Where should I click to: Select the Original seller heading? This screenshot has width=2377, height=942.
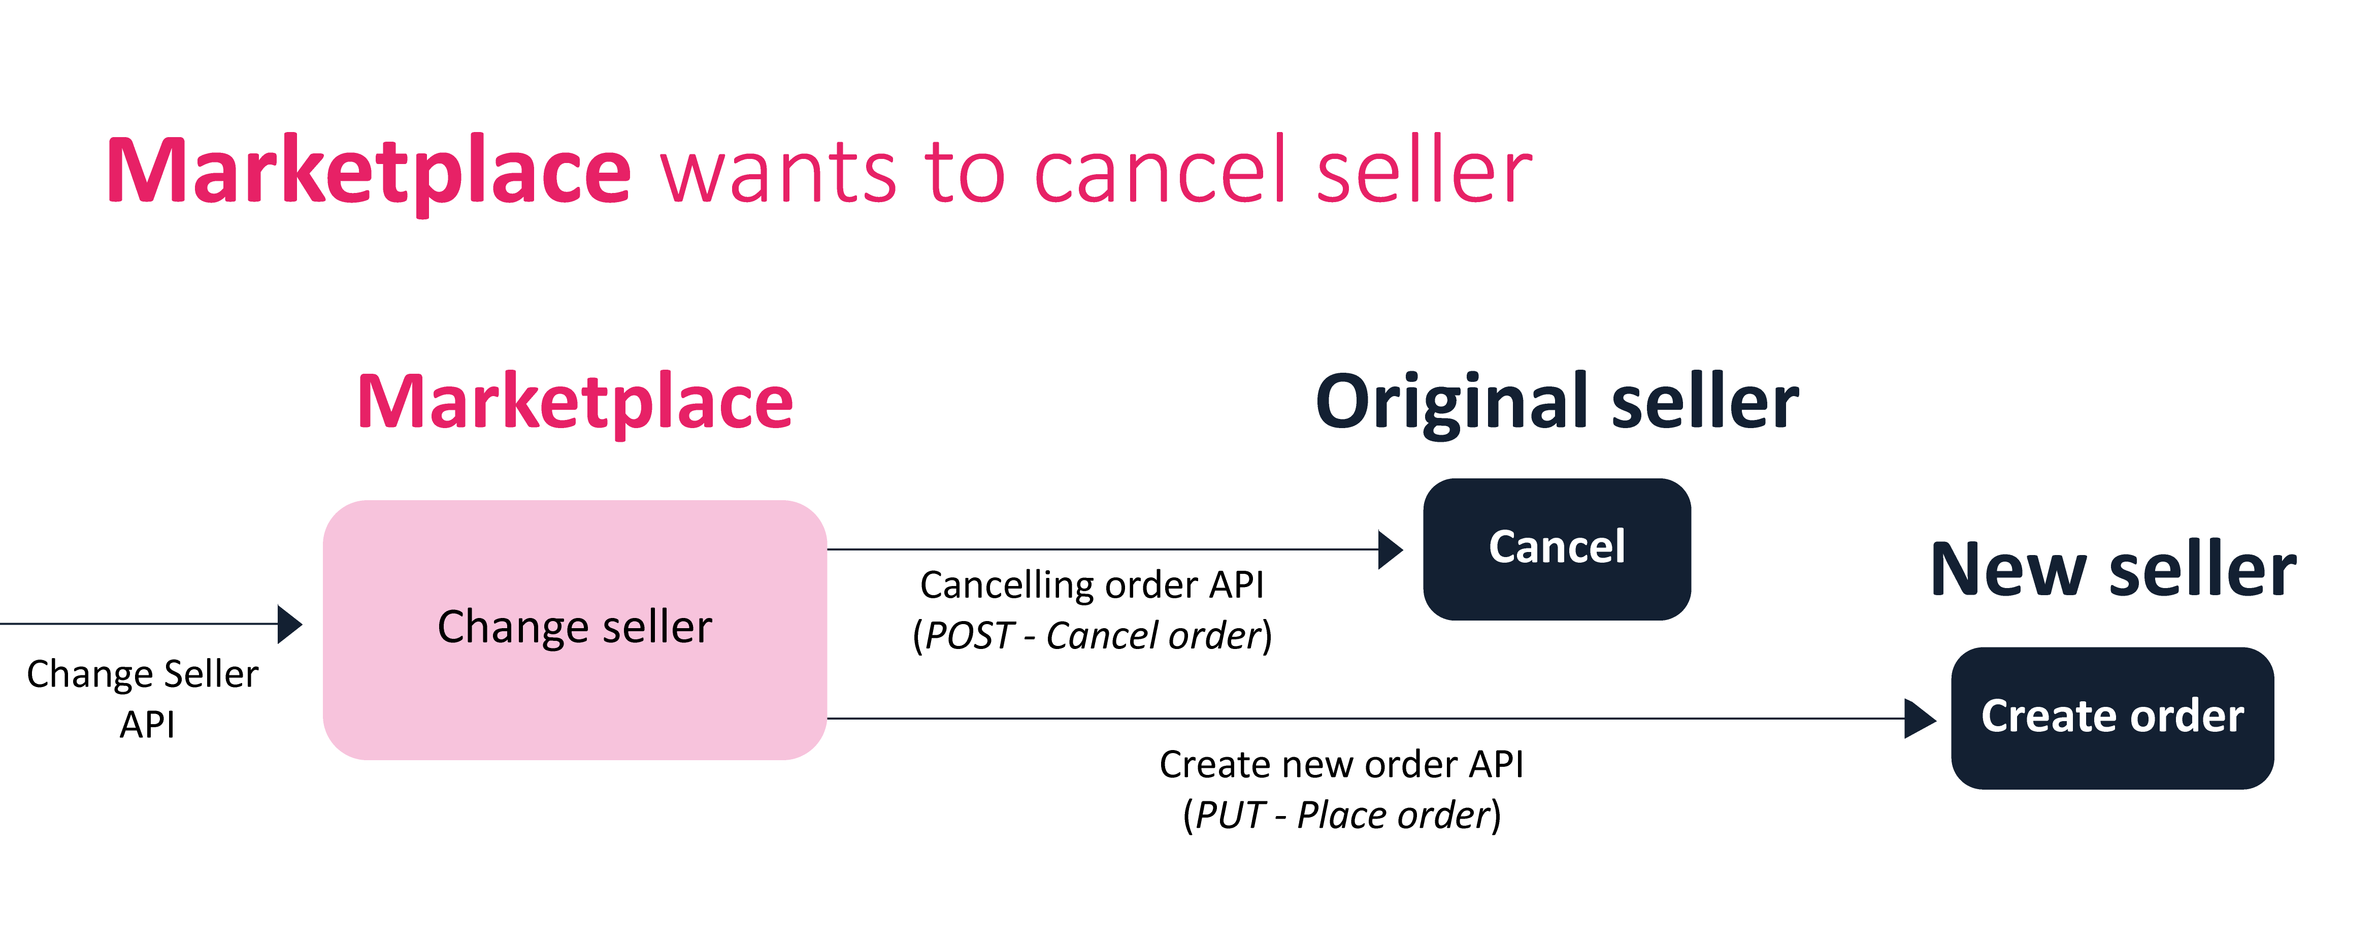click(1557, 403)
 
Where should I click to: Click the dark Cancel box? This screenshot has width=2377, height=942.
click(1557, 549)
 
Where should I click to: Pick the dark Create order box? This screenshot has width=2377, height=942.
click(2112, 718)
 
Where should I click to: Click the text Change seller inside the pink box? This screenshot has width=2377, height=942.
click(575, 627)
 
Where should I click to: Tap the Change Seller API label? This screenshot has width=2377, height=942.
click(143, 698)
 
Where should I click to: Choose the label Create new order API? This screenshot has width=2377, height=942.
click(1342, 765)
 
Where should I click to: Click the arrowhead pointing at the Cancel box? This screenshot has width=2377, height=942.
click(1391, 550)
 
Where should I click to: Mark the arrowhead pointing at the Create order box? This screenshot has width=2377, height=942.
click(1920, 719)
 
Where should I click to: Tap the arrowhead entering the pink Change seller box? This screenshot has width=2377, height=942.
click(290, 625)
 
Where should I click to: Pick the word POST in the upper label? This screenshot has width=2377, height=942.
click(969, 636)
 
